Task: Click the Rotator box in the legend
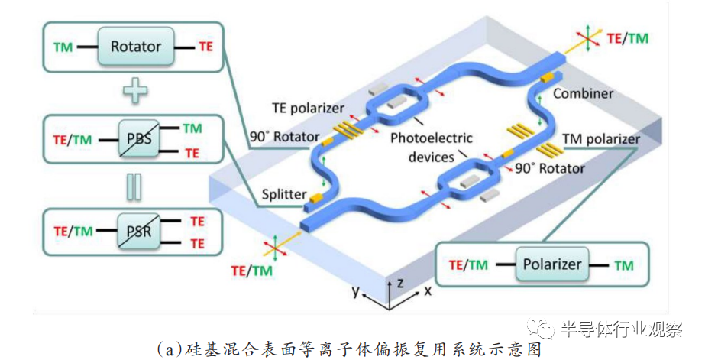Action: (136, 47)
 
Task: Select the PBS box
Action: (139, 138)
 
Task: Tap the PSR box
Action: (139, 232)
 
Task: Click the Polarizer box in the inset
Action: (552, 264)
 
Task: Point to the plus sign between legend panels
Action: (135, 90)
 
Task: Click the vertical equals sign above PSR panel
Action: (134, 186)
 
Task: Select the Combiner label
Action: (583, 93)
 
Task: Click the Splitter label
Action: (284, 194)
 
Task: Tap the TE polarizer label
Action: (308, 108)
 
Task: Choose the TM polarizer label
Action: (601, 138)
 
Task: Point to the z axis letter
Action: (399, 283)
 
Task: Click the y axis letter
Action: (356, 292)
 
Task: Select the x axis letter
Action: (428, 291)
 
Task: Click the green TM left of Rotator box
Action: (63, 47)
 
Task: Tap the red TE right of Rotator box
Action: (205, 47)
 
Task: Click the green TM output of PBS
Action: (192, 128)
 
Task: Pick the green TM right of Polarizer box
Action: (624, 266)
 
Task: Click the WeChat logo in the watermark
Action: (541, 328)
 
